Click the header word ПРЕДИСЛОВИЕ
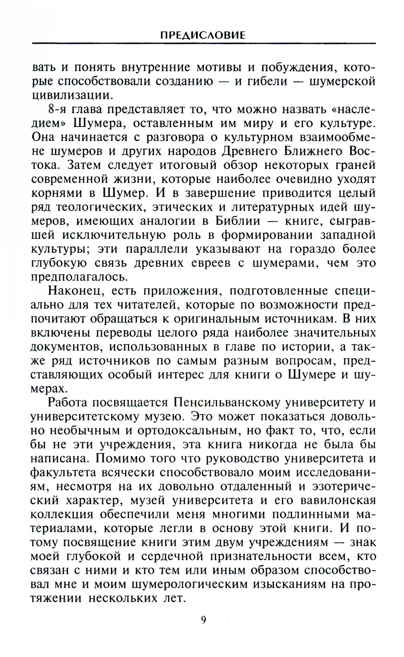203,35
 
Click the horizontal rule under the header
204,43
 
